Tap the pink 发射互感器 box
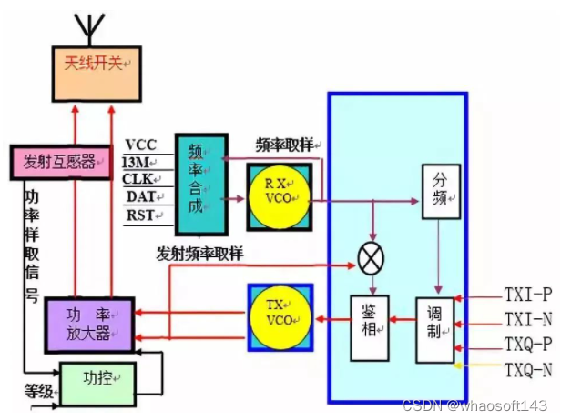60,160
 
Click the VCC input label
142,144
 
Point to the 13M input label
140,162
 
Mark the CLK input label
141,179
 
